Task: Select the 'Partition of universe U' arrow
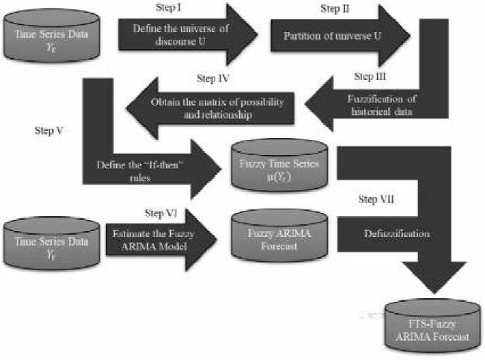(335, 35)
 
